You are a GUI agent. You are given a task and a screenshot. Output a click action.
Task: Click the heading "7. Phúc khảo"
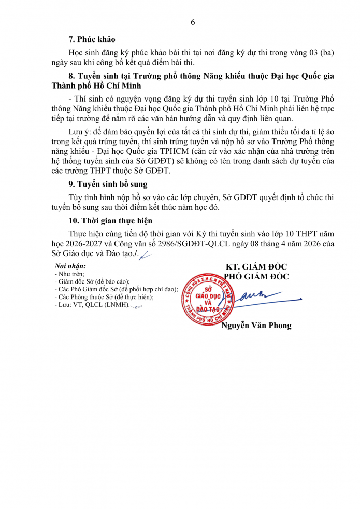(92, 39)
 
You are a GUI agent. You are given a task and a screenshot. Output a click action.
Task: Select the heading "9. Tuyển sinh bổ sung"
(108, 184)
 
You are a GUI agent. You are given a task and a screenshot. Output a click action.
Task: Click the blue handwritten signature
(264, 297)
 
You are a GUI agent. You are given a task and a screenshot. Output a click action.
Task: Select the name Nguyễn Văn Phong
(256, 326)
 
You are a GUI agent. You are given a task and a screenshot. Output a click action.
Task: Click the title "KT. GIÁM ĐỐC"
(256, 266)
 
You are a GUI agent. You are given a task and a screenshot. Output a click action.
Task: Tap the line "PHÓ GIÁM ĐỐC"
(256, 276)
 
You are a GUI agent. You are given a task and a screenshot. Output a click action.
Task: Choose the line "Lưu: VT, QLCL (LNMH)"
(91, 305)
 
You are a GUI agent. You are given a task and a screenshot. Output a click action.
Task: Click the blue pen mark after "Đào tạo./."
(145, 254)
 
